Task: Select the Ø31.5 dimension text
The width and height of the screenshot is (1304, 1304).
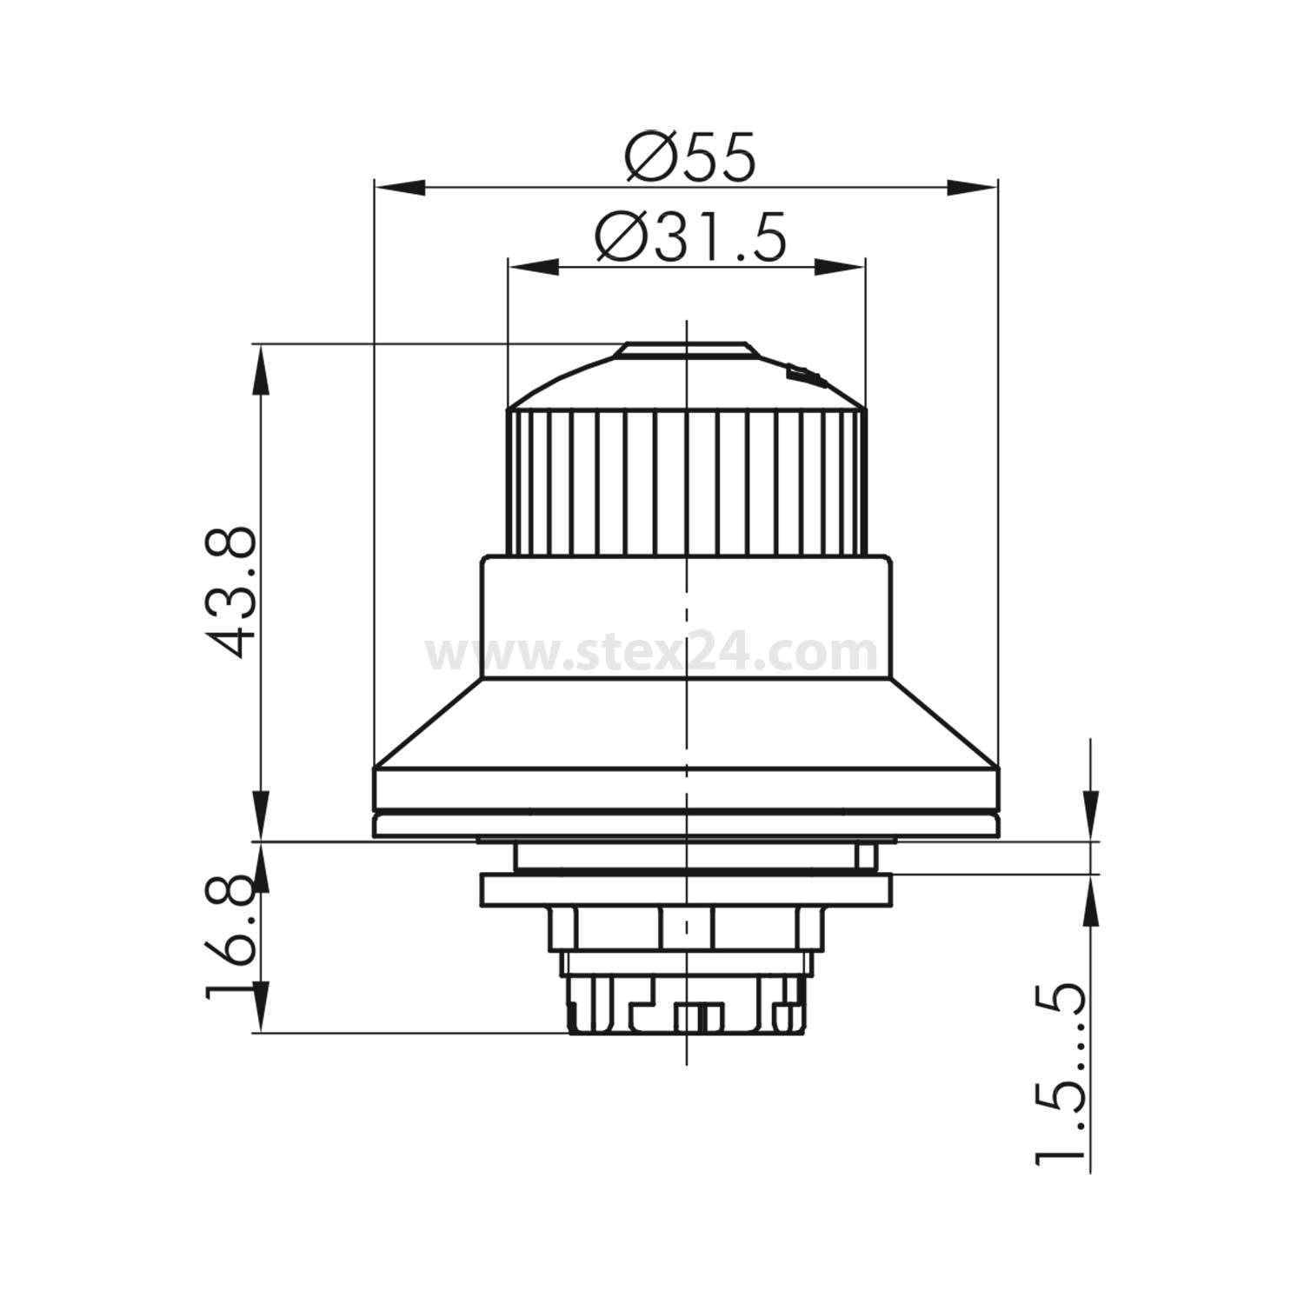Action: (x=690, y=237)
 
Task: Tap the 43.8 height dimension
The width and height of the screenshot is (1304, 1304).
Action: (x=232, y=591)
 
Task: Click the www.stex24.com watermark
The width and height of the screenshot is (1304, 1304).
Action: (x=651, y=652)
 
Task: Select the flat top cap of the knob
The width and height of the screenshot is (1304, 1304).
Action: (x=682, y=349)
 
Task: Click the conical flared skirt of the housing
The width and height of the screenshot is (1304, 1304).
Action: (x=687, y=722)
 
